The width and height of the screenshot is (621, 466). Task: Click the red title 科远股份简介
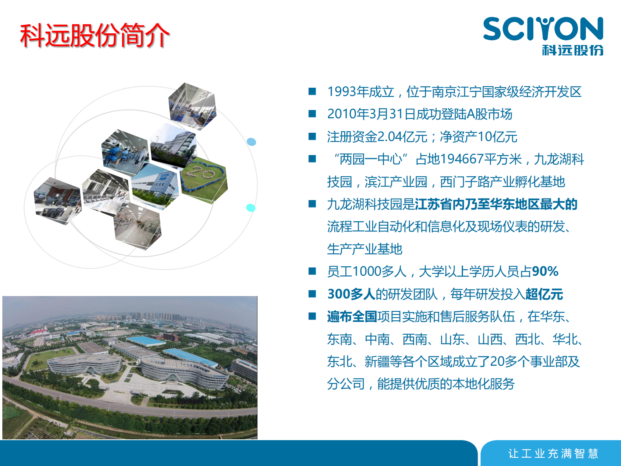pyautogui.click(x=95, y=36)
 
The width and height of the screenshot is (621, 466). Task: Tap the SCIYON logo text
pyautogui.click(x=543, y=29)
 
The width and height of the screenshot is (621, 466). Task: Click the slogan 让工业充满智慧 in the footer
pyautogui.click(x=553, y=453)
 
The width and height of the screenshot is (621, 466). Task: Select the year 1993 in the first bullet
pyautogui.click(x=342, y=92)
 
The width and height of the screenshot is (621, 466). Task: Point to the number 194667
pyautogui.click(x=461, y=159)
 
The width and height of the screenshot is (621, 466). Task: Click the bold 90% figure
pyautogui.click(x=545, y=271)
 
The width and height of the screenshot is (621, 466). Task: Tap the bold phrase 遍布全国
pyautogui.click(x=352, y=316)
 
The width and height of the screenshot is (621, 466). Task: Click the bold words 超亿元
pyautogui.click(x=544, y=294)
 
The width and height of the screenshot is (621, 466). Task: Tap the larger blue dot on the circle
pyautogui.click(x=252, y=142)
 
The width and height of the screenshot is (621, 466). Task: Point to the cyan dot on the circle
pyautogui.click(x=250, y=208)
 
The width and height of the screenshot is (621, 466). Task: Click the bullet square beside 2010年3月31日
pyautogui.click(x=312, y=114)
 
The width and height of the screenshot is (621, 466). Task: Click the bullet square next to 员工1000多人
pyautogui.click(x=312, y=271)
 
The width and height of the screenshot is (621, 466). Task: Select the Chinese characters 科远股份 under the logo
pyautogui.click(x=572, y=50)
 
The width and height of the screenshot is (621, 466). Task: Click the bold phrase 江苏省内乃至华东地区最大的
pyautogui.click(x=496, y=204)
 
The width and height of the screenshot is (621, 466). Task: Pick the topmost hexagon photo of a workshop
pyautogui.click(x=192, y=106)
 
